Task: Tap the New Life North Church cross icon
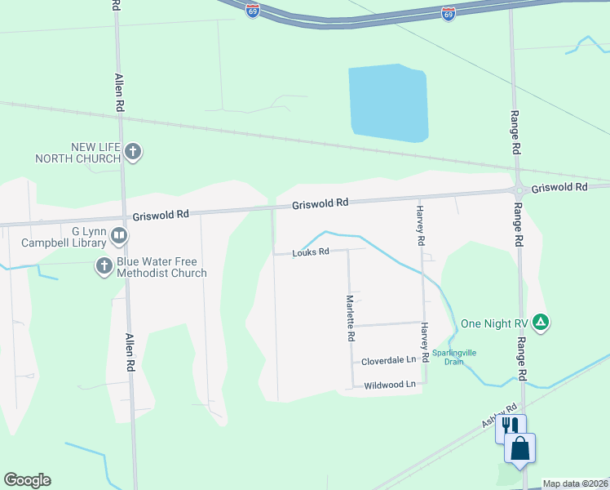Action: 134,152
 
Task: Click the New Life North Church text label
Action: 84,153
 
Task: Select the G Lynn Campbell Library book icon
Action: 119,237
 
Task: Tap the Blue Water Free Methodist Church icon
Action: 104,265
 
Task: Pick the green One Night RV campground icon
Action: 540,323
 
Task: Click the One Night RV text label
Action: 494,323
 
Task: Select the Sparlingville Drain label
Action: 454,357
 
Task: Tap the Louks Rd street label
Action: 311,252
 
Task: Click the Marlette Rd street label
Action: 350,318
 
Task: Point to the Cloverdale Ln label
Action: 388,359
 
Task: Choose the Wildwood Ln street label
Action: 390,384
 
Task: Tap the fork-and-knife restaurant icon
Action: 511,426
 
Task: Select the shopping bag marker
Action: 520,448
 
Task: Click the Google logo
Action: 27,480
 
